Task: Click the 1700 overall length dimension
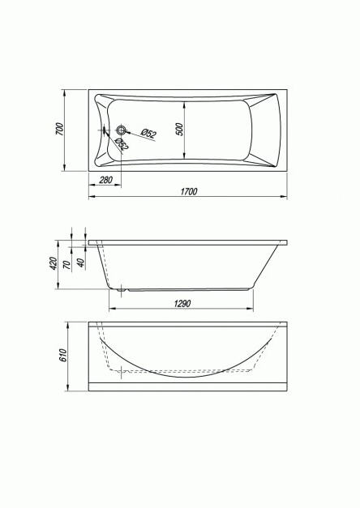189,191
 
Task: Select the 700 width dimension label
60,129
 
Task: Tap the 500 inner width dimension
180,130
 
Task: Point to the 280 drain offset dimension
105,180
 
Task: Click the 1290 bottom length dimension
182,304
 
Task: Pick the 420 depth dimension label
54,263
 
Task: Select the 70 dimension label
66,265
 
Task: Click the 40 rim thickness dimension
81,263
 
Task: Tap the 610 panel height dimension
62,356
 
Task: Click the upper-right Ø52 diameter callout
149,133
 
